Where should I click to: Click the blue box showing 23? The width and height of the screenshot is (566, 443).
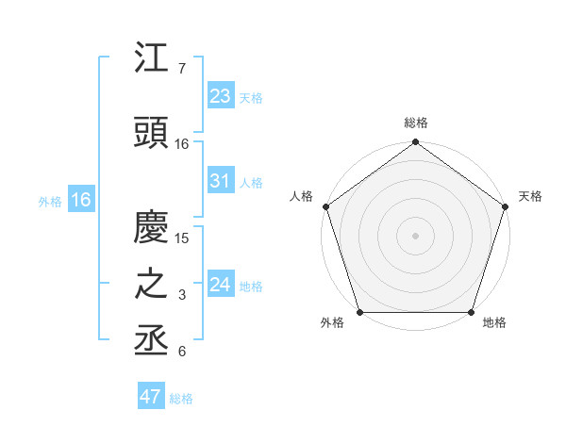click(220, 96)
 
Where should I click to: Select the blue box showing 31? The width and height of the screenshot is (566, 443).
click(220, 181)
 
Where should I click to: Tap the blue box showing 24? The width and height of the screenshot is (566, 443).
click(220, 285)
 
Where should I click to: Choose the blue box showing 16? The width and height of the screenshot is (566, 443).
click(80, 200)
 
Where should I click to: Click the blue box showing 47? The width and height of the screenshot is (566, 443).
click(150, 397)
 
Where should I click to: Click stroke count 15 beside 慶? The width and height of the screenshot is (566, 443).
click(183, 238)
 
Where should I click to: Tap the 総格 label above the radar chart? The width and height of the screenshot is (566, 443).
click(416, 123)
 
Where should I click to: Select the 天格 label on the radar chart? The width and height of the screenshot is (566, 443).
click(531, 196)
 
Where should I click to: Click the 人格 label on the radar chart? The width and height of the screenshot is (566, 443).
click(301, 196)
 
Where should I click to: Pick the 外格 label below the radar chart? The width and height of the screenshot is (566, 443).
click(332, 323)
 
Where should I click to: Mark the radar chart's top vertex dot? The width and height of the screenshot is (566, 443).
click(416, 143)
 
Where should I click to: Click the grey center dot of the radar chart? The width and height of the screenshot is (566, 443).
click(416, 235)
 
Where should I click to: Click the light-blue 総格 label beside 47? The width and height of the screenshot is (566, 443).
click(181, 399)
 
